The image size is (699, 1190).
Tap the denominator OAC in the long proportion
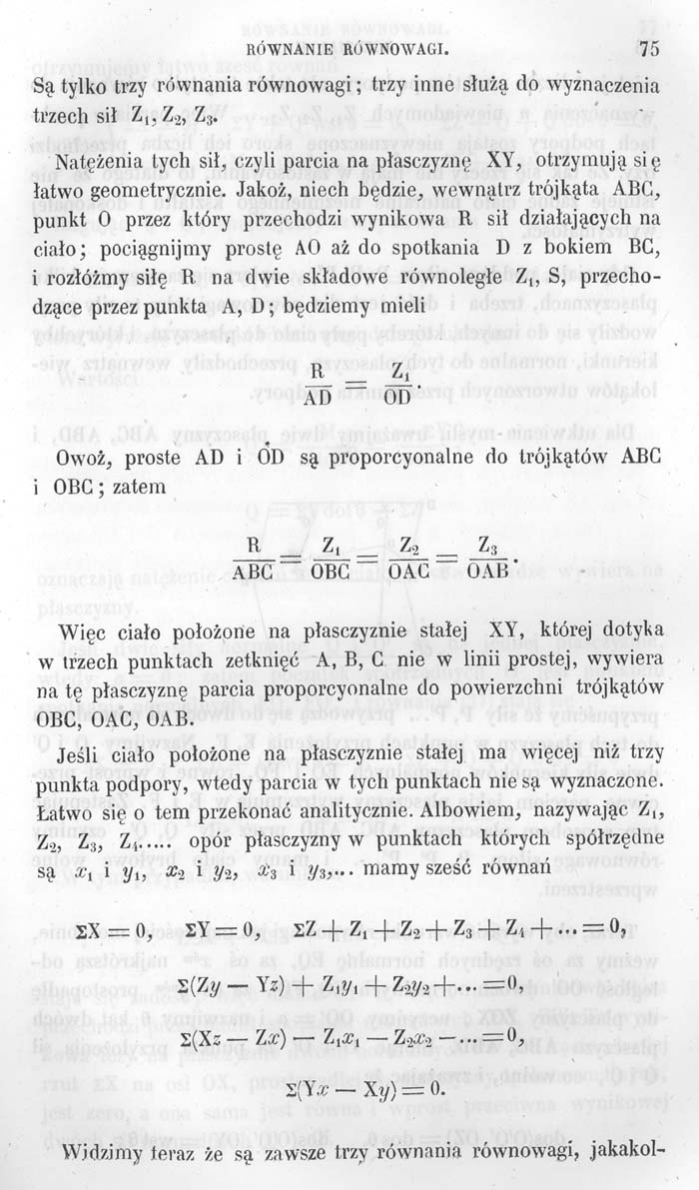[x=409, y=571]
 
